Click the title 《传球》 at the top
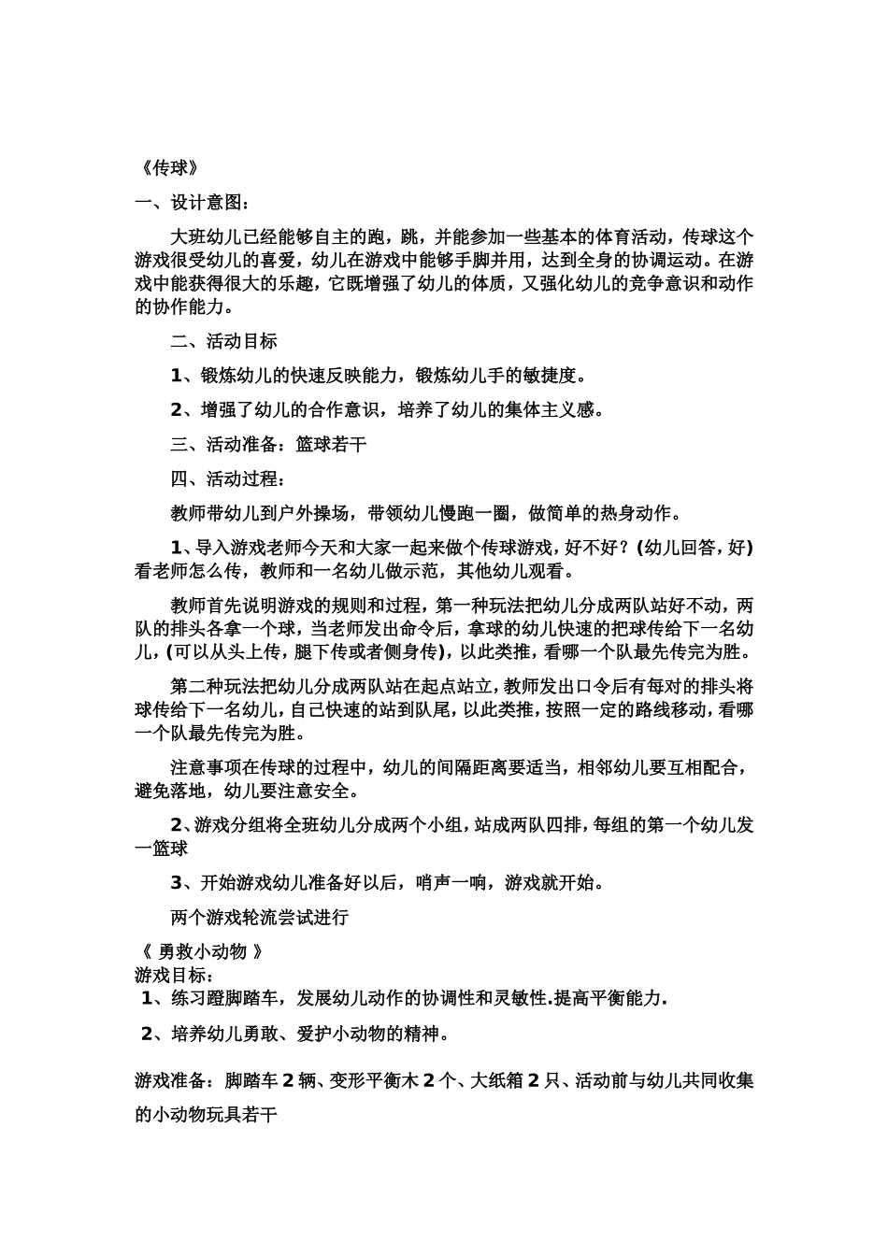pos(167,168)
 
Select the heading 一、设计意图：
pos(192,203)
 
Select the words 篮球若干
pos(331,444)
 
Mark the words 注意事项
pos(206,767)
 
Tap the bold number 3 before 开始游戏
pos(175,882)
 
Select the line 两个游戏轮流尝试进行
pos(259,917)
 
